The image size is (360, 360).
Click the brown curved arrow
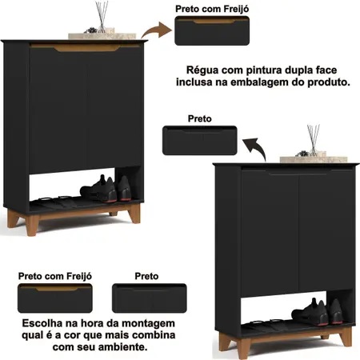156,30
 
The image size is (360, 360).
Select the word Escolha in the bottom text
42,323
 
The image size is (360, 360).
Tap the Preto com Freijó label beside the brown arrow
212,9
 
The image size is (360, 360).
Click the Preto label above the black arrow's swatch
200,118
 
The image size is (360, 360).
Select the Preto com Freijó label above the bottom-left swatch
55,276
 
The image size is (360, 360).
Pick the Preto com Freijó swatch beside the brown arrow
212,30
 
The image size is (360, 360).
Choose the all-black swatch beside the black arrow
200,141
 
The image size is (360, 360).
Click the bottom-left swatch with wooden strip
55,298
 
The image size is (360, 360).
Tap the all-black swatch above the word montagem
150,298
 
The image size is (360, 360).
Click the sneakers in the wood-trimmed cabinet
106,189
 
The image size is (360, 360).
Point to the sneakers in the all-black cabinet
317,312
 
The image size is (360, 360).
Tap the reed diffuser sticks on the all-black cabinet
314,139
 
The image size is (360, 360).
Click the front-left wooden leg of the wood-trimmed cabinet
32,225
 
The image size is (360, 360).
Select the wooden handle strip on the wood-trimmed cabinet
86,48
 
